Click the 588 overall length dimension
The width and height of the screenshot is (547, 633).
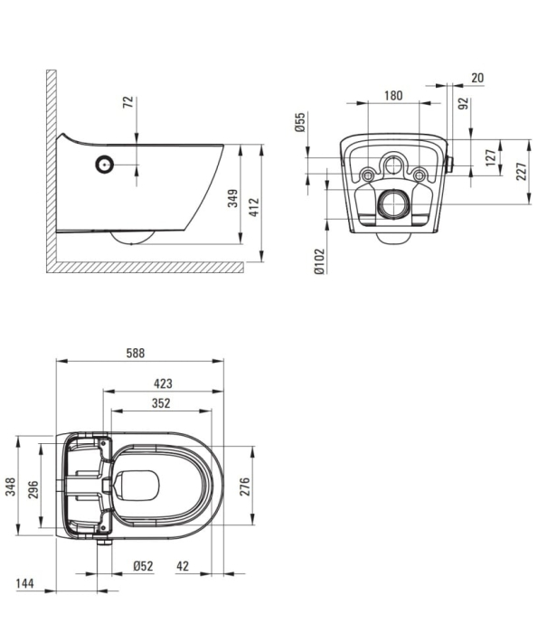pos(136,353)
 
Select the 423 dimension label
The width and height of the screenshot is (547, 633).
pos(163,383)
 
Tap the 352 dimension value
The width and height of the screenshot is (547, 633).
pos(161,403)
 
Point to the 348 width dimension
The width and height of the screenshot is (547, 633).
pos(11,487)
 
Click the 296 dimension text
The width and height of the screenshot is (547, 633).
pos(33,489)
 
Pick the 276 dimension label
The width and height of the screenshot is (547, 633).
pos(245,487)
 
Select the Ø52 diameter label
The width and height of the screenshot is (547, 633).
pos(144,566)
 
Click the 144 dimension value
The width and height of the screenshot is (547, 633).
pos(24,583)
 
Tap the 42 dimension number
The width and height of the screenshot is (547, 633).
pos(183,566)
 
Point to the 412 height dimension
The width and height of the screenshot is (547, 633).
pos(254,207)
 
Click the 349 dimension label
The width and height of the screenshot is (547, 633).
pos(233,198)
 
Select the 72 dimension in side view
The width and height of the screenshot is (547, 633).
pos(128,101)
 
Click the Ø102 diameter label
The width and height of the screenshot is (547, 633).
pos(319,261)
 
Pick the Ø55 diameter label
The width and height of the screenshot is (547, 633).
pos(300,122)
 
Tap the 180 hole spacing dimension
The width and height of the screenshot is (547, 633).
pos(393,96)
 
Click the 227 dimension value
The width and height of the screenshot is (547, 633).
pos(522,171)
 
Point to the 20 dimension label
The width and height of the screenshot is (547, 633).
pos(477,78)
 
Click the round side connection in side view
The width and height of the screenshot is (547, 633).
pos(105,165)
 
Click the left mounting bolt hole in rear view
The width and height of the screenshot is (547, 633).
pos(368,175)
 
